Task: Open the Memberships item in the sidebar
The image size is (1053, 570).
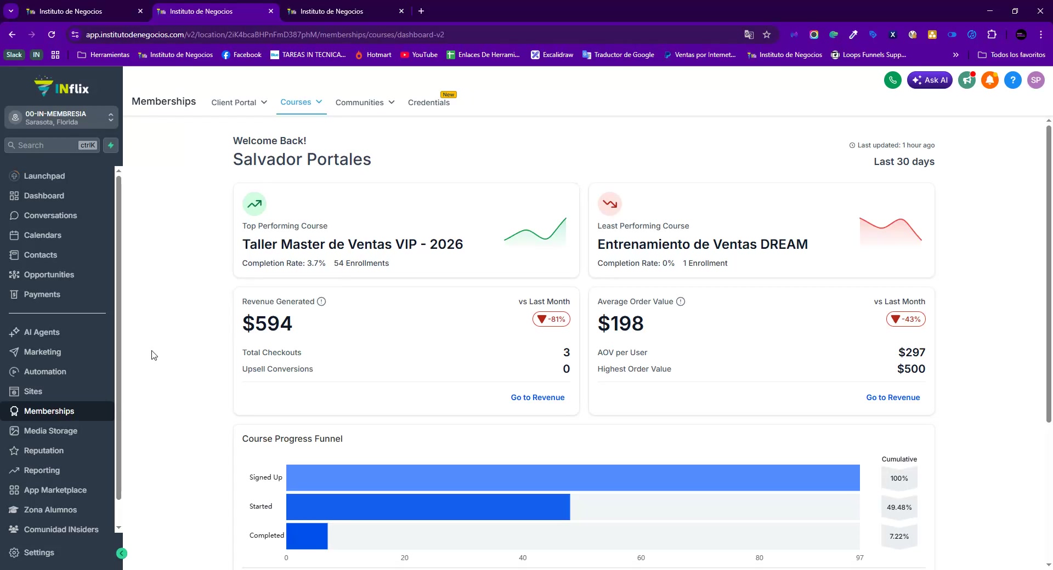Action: (49, 411)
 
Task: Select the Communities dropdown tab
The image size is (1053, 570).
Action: (365, 102)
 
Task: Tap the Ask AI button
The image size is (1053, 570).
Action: (930, 80)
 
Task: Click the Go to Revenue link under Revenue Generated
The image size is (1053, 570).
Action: (537, 397)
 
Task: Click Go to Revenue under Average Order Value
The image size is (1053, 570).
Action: (893, 397)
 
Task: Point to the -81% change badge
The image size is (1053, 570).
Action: (551, 319)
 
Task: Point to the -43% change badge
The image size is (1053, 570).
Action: (906, 319)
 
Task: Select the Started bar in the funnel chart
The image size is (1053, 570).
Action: (428, 507)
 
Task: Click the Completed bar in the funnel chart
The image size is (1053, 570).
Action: (307, 536)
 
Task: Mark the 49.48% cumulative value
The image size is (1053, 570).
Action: (899, 508)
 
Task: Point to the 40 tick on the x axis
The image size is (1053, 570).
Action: (523, 558)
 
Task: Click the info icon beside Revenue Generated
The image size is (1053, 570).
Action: (321, 301)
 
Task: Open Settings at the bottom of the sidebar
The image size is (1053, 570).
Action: (39, 552)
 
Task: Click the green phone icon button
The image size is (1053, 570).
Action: (893, 80)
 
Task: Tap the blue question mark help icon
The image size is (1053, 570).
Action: (1013, 80)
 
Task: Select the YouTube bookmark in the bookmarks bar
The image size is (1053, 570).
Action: (419, 55)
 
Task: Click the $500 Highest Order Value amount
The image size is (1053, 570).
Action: (911, 369)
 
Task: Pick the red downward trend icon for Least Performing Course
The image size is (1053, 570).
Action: (610, 204)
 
